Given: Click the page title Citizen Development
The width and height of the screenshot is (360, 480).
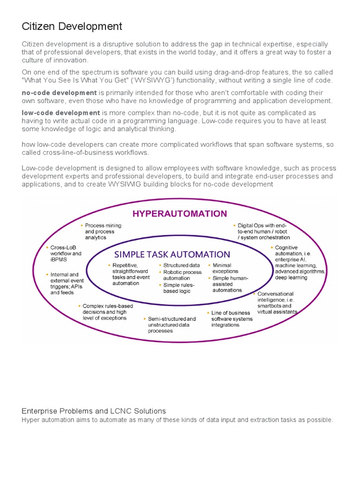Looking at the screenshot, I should (x=72, y=26).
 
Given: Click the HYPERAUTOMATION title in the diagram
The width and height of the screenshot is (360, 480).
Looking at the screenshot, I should (x=180, y=214).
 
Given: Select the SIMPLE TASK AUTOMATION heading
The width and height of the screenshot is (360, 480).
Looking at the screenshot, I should (x=172, y=255).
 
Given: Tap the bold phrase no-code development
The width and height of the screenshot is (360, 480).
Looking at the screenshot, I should (x=60, y=93).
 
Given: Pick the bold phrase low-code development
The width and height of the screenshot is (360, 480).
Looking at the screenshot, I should (x=61, y=113).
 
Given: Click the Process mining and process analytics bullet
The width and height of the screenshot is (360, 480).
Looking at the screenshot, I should (x=103, y=232).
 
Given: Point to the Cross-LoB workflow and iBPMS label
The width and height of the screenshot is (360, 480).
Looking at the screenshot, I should (x=66, y=254).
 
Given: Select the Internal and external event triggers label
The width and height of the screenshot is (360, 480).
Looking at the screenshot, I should (x=66, y=284).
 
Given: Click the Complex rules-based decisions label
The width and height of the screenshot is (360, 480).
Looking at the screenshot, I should (x=107, y=312).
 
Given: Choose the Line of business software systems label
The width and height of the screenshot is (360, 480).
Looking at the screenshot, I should (x=232, y=319).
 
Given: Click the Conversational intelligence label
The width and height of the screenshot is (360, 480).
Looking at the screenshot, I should (x=277, y=303).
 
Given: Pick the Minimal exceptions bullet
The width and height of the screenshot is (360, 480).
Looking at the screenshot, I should (x=225, y=268).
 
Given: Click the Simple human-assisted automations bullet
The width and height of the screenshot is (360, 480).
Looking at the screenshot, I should (x=230, y=284).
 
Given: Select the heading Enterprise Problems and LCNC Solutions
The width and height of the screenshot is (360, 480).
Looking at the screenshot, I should (x=94, y=411).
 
